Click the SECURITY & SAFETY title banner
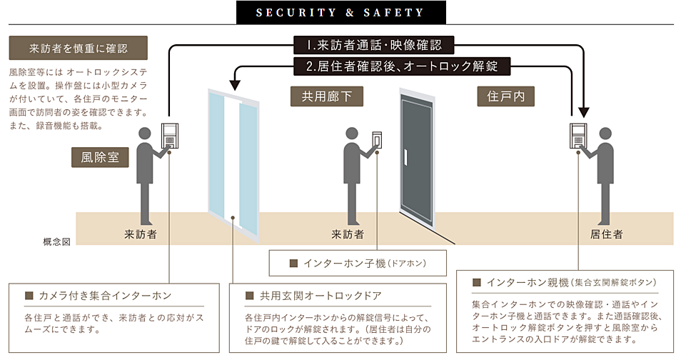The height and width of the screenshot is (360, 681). [x=340, y=12]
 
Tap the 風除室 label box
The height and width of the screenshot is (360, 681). [x=100, y=158]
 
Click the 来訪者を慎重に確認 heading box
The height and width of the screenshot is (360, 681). [x=79, y=49]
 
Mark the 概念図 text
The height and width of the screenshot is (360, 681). [x=57, y=242]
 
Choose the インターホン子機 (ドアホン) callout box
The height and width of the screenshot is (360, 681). [x=358, y=263]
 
